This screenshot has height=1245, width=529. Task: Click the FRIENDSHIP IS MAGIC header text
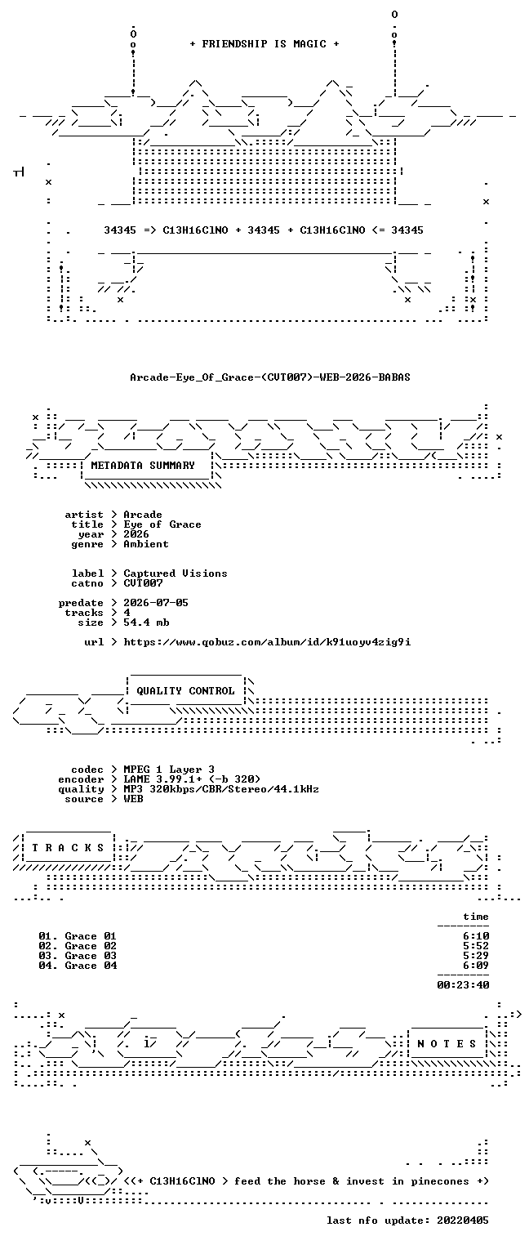click(264, 44)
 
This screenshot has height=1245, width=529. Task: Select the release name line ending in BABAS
click(270, 377)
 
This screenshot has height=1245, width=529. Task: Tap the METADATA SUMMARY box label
click(143, 465)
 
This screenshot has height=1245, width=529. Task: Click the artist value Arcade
click(143, 515)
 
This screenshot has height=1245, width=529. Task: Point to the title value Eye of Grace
click(162, 524)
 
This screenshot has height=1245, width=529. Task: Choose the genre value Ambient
click(146, 544)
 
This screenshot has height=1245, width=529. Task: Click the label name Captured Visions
click(176, 573)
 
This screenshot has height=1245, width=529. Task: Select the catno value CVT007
click(144, 583)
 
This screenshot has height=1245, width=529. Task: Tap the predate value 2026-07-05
click(156, 603)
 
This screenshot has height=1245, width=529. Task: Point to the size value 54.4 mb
click(147, 622)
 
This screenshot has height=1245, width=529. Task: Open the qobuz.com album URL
click(267, 642)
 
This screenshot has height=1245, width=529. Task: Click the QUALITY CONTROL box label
click(185, 691)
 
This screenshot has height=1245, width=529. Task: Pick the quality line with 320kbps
click(221, 789)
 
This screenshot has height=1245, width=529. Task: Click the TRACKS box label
click(68, 848)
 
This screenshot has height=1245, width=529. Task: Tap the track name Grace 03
click(91, 956)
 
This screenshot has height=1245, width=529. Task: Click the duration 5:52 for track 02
click(476, 946)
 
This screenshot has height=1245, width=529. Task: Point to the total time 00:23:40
click(464, 985)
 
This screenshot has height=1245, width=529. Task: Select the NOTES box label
click(447, 1044)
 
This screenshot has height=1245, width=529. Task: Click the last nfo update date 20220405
click(463, 1220)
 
